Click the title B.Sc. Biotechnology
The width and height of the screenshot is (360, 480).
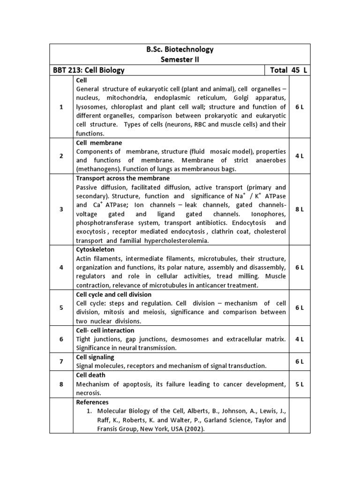coord(180,49)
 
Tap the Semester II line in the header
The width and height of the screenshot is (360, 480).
coord(180,60)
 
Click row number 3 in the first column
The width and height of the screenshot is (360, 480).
coord(61,210)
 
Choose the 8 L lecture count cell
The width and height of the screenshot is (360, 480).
coord(300,210)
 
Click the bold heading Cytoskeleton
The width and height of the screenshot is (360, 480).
coord(95,250)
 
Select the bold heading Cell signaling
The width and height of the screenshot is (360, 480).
coord(95,357)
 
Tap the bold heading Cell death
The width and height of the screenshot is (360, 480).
coord(90,375)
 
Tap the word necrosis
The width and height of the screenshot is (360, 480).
coord(89,393)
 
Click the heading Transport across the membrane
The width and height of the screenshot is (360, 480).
coord(123,178)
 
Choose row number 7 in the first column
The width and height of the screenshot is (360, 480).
coord(61,361)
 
